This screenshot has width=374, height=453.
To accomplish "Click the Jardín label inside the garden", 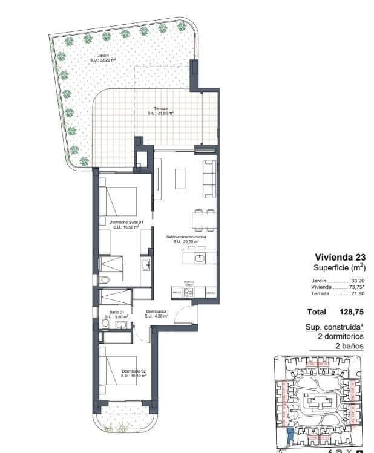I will click(x=103, y=58).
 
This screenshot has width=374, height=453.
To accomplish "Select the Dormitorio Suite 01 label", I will click(x=126, y=224).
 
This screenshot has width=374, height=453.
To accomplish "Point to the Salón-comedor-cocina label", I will click(x=186, y=239).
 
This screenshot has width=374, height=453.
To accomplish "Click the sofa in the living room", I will click(x=209, y=178).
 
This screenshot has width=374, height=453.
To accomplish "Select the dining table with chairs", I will click(x=203, y=220).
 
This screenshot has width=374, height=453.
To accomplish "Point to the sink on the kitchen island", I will click(x=200, y=258).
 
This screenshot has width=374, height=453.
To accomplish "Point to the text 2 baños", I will click(x=349, y=346).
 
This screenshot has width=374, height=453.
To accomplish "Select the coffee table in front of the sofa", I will click(x=181, y=178).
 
